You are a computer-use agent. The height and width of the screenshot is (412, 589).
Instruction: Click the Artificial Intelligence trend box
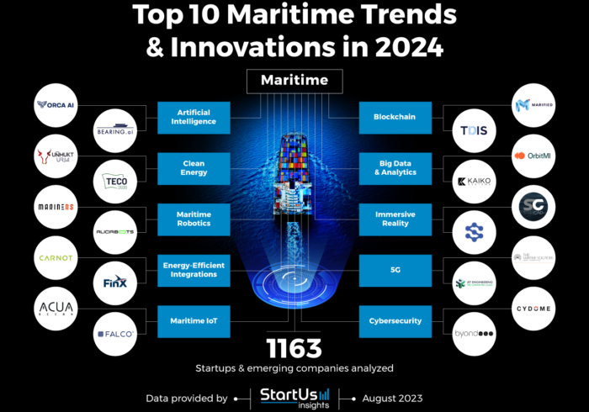pyautogui.click(x=194, y=117)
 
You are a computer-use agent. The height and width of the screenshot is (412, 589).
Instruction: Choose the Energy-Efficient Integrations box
pyautogui.click(x=194, y=270)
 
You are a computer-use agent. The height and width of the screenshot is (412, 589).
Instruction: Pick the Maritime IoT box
pyautogui.click(x=194, y=320)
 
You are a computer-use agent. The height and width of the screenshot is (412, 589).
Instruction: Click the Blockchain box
pyautogui.click(x=395, y=117)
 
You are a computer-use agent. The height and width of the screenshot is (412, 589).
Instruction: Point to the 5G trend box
pyautogui.click(x=395, y=270)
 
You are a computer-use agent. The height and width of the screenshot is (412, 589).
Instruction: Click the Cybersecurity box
pyautogui.click(x=395, y=320)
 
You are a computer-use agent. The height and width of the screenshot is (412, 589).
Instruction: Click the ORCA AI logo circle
pyautogui.click(x=58, y=106)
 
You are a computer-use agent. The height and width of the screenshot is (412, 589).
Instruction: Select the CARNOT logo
pyautogui.click(x=58, y=258)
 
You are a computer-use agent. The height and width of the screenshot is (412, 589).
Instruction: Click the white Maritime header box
pyautogui.click(x=294, y=82)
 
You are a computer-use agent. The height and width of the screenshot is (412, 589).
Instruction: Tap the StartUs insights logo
pyautogui.click(x=294, y=398)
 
